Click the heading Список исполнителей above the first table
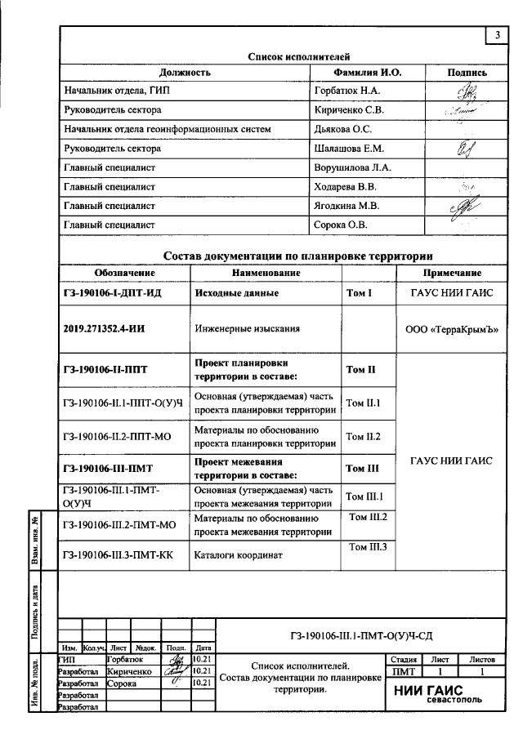(299, 57)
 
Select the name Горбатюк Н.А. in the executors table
(347, 91)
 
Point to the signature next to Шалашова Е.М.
(467, 148)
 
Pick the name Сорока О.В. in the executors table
(341, 225)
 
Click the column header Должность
(185, 73)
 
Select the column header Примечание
(451, 273)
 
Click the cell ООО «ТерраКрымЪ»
(451, 330)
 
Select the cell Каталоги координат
(238, 555)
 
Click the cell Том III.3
(368, 547)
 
